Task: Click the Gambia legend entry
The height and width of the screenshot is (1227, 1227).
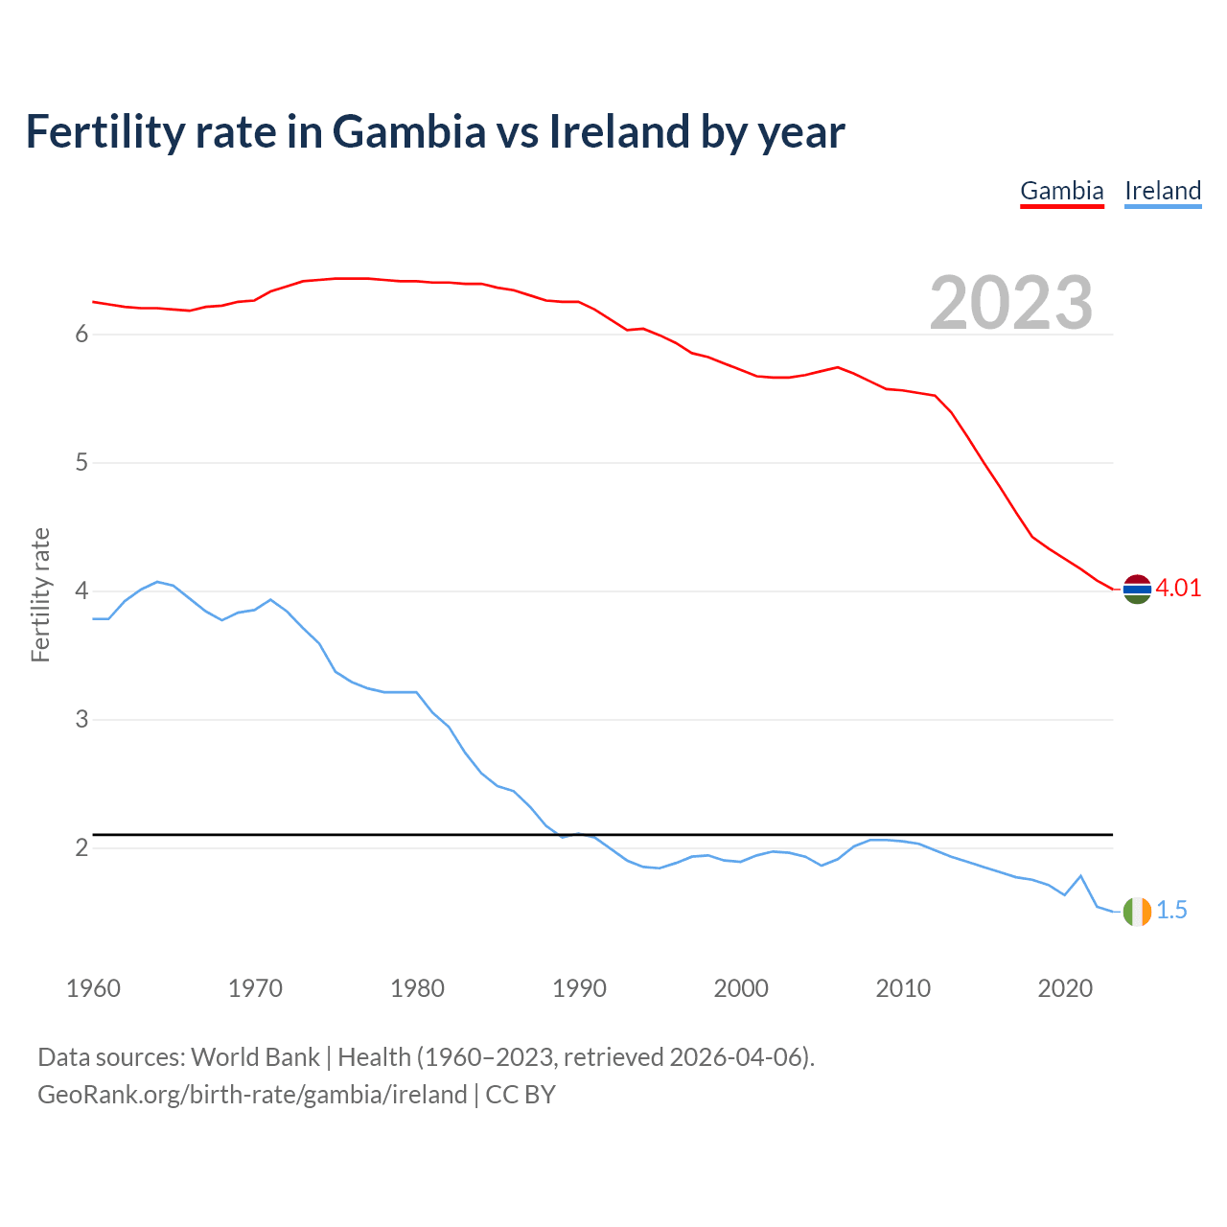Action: [1061, 191]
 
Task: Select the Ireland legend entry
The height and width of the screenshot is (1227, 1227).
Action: [1162, 191]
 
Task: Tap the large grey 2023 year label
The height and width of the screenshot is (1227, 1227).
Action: [1010, 303]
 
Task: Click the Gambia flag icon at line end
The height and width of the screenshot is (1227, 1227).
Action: [1137, 589]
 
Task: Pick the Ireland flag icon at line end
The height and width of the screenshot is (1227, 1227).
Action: [1137, 911]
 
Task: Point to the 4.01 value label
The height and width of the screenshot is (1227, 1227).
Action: [1178, 589]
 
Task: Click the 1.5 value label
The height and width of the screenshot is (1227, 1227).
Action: [1171, 911]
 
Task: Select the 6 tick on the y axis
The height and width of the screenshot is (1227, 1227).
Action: [81, 335]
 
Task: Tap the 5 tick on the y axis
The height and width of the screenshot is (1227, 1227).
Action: [81, 463]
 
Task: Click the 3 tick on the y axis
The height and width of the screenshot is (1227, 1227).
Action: [81, 720]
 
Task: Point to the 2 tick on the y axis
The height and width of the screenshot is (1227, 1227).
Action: [81, 848]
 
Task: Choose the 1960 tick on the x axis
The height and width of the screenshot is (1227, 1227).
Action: [93, 988]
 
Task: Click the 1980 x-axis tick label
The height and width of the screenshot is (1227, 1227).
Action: [417, 988]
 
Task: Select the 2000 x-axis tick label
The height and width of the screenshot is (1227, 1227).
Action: [741, 988]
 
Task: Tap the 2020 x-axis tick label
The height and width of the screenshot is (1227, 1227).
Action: [1065, 988]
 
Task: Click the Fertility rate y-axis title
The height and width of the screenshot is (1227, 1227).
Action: [40, 594]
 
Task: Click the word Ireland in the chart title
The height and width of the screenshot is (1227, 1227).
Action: [618, 132]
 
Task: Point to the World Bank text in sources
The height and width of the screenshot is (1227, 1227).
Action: [255, 1057]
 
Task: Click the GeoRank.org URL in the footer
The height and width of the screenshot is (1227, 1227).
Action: [252, 1095]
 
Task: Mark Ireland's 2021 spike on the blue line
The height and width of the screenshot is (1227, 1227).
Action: [1080, 876]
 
